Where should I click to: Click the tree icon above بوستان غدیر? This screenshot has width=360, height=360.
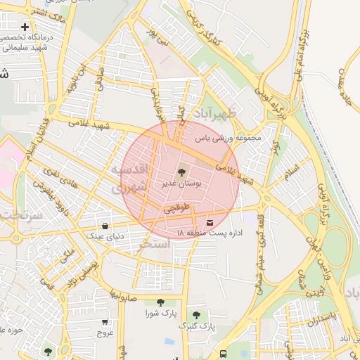coord(182,171)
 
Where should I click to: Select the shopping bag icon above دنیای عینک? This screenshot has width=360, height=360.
coord(105,226)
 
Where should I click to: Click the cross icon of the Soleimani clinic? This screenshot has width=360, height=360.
coord(25,27)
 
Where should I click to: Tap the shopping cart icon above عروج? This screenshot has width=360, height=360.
coord(105,321)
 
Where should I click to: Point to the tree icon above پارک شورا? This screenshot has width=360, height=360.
coord(160,302)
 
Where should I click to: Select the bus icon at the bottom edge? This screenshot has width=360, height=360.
coord(223,354)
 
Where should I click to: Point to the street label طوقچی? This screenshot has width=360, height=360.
coord(177,209)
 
